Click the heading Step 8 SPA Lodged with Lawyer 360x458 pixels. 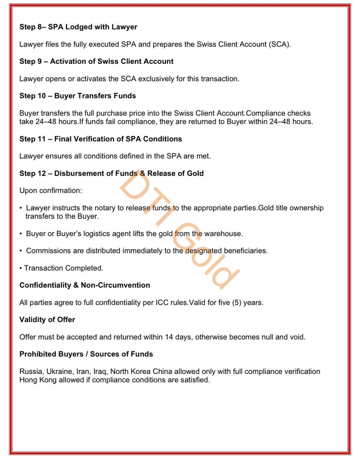pyautogui.click(x=78, y=27)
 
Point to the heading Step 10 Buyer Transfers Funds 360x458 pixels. pyautogui.click(x=77, y=96)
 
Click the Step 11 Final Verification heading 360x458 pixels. pyautogui.click(x=100, y=139)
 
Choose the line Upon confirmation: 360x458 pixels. pyautogui.click(x=51, y=191)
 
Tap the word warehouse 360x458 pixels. pyautogui.click(x=224, y=233)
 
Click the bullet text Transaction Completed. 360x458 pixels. pyautogui.click(x=63, y=268)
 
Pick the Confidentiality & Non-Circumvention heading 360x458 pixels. pyautogui.click(x=85, y=285)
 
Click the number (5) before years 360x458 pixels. pyautogui.click(x=237, y=303)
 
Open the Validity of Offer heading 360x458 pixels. pyautogui.click(x=47, y=320)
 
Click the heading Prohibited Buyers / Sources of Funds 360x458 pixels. pyautogui.click(x=86, y=354)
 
